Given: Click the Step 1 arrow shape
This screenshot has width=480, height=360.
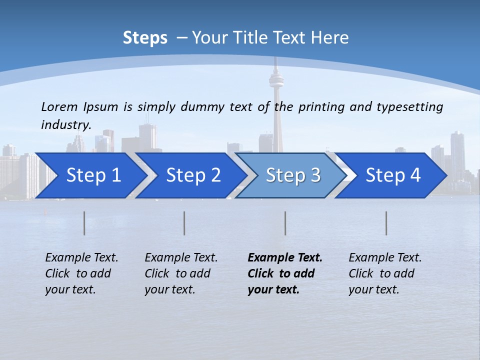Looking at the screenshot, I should tap(90, 175).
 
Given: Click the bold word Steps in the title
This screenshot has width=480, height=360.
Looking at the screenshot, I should tap(145, 38).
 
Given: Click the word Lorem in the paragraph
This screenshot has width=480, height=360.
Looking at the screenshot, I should tap(59, 106).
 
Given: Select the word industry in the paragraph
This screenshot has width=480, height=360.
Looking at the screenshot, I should tap(65, 125).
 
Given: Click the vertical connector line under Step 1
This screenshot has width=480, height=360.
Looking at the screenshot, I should tap(84, 223).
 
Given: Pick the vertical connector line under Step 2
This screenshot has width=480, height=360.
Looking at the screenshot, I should tap(184, 223).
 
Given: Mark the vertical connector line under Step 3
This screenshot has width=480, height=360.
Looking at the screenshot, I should tap(285, 223).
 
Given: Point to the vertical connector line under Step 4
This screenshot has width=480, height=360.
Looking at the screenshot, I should tap(386, 223).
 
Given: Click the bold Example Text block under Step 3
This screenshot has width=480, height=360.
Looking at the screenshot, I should tap(285, 273).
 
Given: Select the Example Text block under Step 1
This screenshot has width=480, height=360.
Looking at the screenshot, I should tap(81, 273).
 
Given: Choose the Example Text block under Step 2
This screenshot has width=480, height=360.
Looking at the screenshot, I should tap(181, 273).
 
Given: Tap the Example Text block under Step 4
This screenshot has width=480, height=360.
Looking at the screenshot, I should tap(385, 273).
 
